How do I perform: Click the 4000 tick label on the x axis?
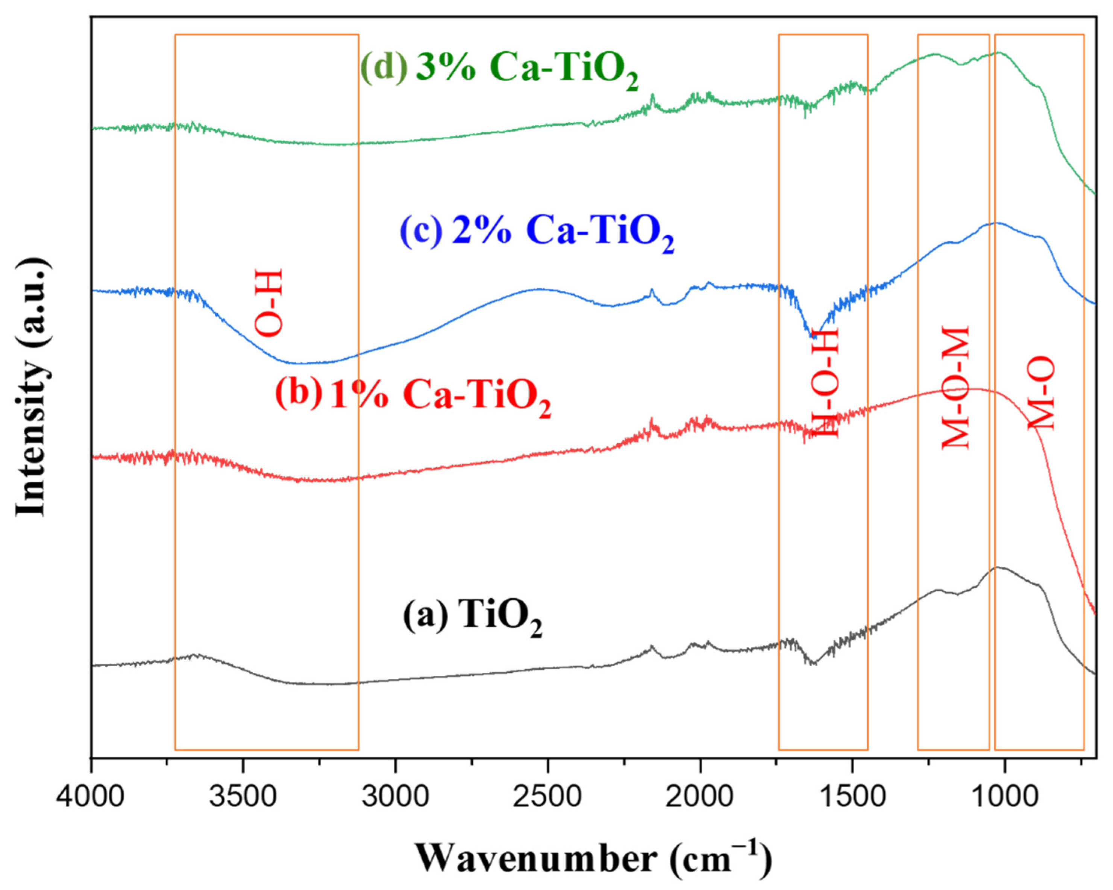point(91,796)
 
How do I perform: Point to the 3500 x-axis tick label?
point(243,796)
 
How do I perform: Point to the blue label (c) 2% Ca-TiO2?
point(537,234)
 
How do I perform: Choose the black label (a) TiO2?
point(472,617)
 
